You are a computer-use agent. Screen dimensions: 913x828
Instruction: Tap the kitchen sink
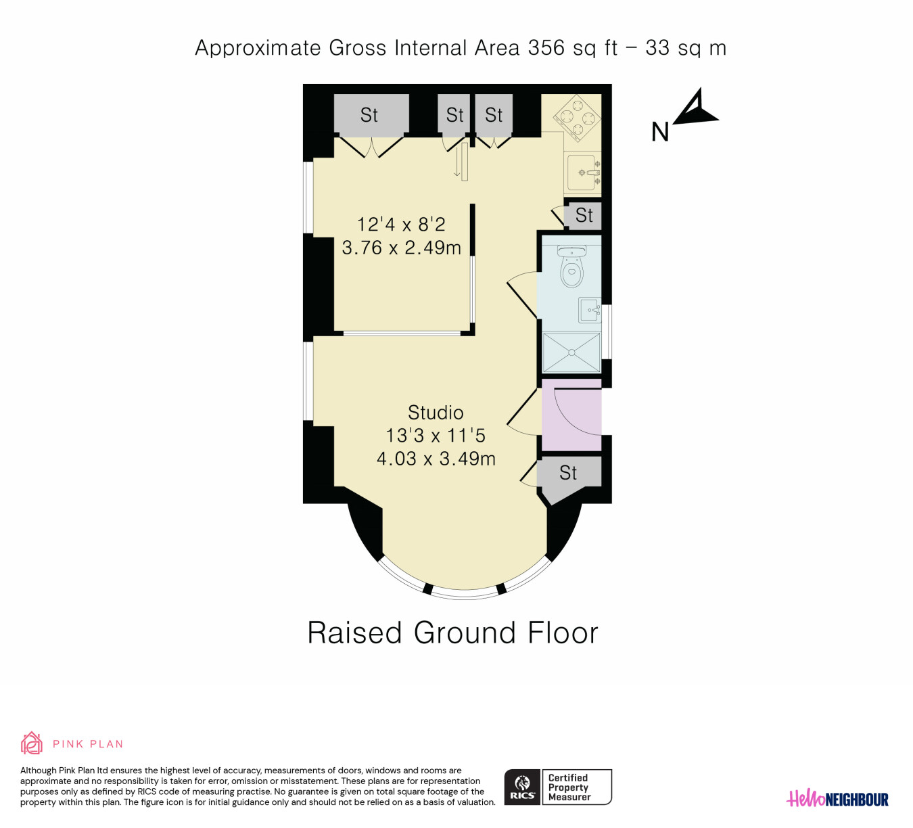pos(584,172)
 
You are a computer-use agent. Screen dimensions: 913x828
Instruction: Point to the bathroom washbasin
pos(590,310)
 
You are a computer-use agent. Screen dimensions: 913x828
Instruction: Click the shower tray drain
pos(571,352)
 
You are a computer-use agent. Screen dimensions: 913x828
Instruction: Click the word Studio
pos(436,413)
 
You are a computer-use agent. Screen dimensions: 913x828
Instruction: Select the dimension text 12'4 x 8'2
pos(401,225)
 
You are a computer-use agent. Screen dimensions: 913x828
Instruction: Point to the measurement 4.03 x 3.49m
pos(436,459)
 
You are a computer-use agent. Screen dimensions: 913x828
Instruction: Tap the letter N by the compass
pos(660,132)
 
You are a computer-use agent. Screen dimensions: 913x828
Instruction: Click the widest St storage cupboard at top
pos(371,115)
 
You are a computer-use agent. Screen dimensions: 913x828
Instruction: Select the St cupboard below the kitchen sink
pos(584,215)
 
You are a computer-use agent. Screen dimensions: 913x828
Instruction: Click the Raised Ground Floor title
pos(453,633)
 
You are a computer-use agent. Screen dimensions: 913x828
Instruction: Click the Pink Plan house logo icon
pos(31,743)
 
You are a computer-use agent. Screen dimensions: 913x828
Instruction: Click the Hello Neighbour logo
pos(837,799)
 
